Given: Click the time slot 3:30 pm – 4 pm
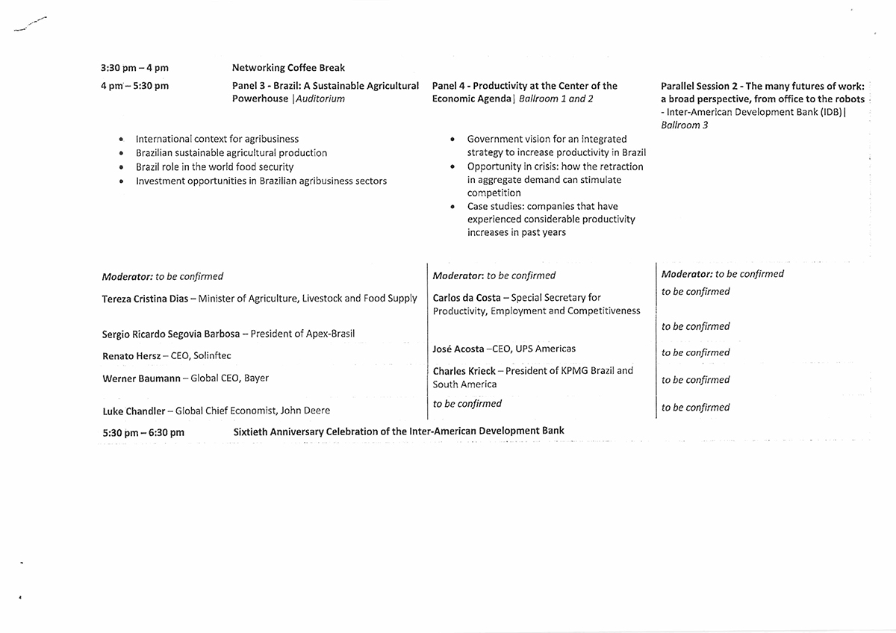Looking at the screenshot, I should pos(134,68).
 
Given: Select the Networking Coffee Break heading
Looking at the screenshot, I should pos(288,68).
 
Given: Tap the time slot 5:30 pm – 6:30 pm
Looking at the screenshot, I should pos(143,432).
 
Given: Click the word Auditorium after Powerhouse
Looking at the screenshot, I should pos(320,99).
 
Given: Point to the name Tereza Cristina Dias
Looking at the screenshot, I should pos(146,299).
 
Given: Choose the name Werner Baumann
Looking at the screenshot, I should pos(141,378).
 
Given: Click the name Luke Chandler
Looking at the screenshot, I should pos(134,411).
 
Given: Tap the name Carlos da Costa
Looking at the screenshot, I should pos(467,297).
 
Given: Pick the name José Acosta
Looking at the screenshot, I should pos(458,349).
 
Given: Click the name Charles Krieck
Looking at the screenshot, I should pos(464,370).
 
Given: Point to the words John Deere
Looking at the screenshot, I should pos(305,411).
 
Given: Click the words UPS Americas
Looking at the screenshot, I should pos(546,349).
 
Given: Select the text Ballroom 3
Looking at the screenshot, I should pos(685,125).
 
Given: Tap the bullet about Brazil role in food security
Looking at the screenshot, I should pos(214,167).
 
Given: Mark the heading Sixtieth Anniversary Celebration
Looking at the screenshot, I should pos(399,431).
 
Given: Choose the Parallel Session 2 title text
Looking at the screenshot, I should pos(762,92).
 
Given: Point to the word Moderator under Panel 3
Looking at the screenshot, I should pos(127,276).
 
